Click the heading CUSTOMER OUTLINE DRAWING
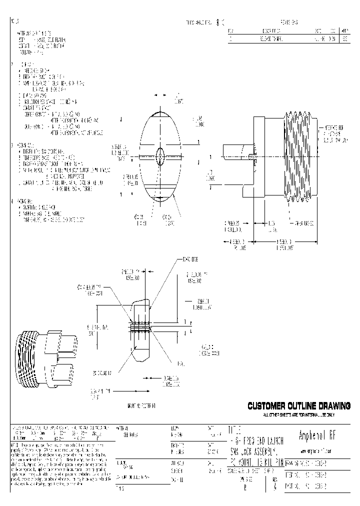(299, 405)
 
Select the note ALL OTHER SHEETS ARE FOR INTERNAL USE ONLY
(299, 415)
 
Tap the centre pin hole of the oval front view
(159, 156)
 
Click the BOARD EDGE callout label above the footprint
(190, 260)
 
